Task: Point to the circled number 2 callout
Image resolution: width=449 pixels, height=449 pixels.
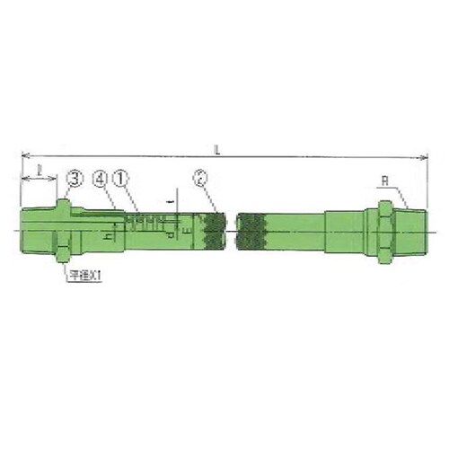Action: pyautogui.click(x=202, y=180)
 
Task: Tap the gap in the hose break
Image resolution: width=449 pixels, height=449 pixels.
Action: pyautogui.click(x=231, y=232)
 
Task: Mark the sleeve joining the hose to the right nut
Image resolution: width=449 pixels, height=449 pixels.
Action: pyautogui.click(x=346, y=232)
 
